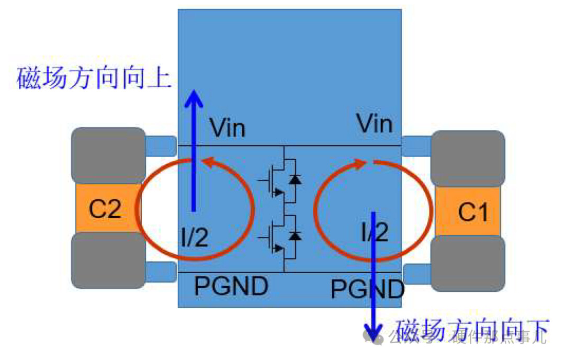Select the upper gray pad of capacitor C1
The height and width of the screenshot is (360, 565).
tap(467, 159)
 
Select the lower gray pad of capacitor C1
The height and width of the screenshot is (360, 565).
tap(467, 264)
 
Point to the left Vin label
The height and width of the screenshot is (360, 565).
tap(227, 128)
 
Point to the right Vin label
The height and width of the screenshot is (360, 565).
tap(375, 125)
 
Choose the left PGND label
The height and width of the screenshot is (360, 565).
tap(231, 286)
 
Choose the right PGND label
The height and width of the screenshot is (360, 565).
tap(367, 289)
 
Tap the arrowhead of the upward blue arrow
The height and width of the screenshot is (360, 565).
tap(194, 98)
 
